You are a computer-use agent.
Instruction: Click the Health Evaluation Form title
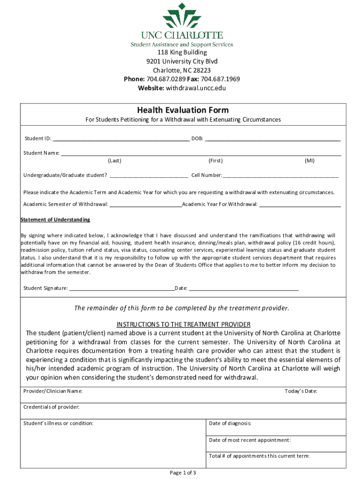click(183, 110)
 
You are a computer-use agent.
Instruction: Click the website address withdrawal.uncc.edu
click(193, 88)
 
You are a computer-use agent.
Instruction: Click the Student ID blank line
click(121, 139)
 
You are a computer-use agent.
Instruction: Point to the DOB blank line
click(273, 139)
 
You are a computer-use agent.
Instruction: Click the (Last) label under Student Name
click(115, 160)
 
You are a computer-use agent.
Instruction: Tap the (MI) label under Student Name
click(310, 160)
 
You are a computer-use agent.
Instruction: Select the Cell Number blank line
click(281, 176)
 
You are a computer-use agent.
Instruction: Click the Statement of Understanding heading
click(56, 219)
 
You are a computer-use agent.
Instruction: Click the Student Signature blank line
click(122, 289)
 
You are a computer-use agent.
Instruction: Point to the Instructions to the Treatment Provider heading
click(183, 324)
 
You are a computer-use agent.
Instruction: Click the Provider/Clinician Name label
click(53, 391)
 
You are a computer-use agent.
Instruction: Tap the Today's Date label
click(301, 391)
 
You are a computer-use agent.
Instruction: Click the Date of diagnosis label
click(230, 423)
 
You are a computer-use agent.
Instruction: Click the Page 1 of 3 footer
click(183, 472)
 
